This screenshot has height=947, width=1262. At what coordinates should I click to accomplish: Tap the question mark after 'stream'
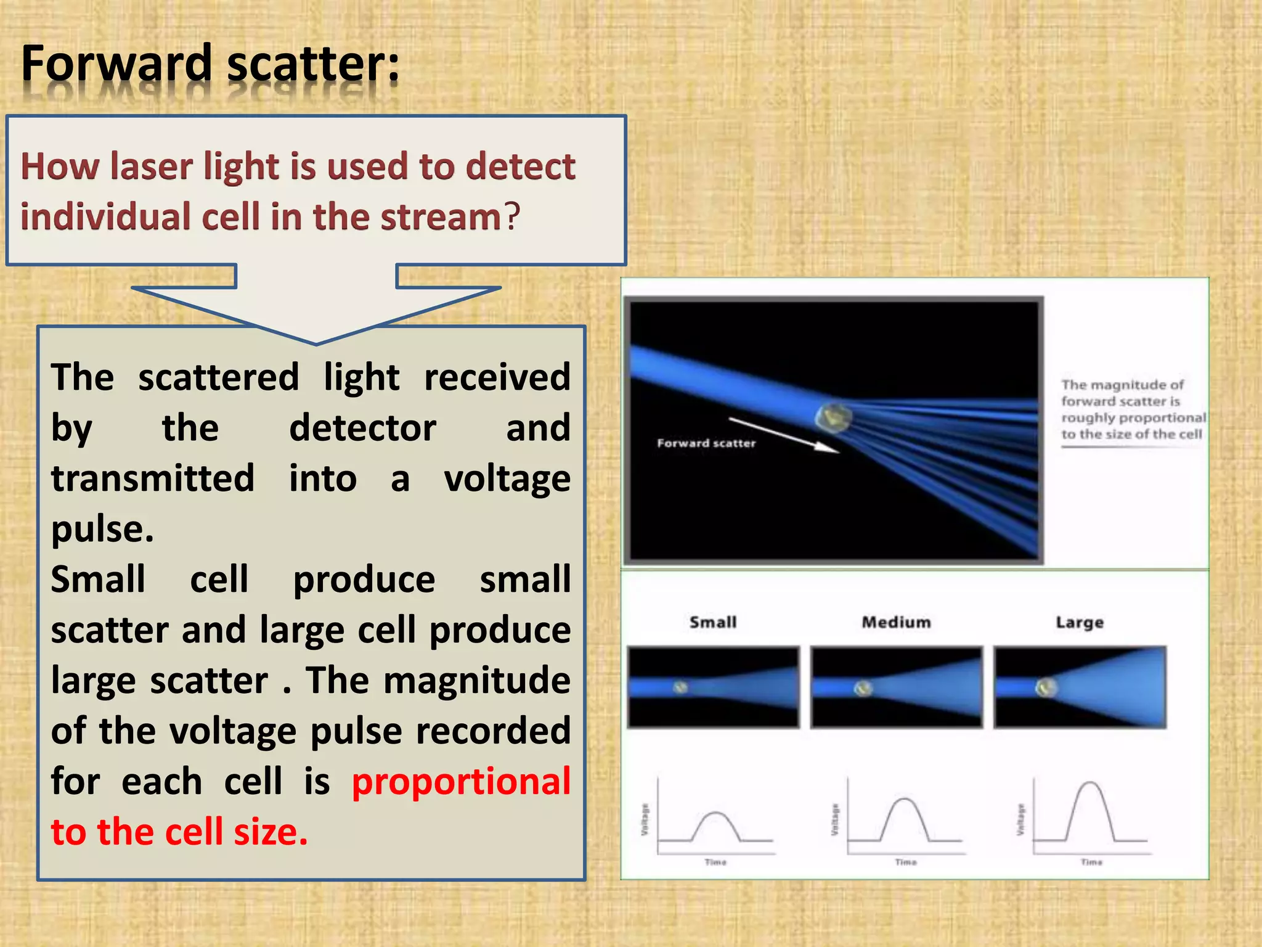(x=513, y=217)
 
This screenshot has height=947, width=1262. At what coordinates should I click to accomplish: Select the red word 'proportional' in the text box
(x=461, y=781)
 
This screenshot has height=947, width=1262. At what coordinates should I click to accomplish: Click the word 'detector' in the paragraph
(x=362, y=428)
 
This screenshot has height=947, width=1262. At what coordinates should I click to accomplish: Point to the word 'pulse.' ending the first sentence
(x=102, y=529)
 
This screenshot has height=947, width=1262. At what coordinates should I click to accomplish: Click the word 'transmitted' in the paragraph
(x=153, y=478)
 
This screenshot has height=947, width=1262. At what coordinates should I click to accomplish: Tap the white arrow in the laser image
(x=783, y=435)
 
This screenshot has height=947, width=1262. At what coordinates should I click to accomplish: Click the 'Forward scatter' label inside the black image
(x=706, y=443)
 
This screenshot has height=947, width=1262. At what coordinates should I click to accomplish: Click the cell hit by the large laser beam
(x=834, y=417)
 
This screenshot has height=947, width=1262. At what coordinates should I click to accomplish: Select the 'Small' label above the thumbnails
(x=713, y=622)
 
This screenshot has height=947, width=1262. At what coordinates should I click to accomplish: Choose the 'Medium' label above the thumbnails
(x=896, y=622)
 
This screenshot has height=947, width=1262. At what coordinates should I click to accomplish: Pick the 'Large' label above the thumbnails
(x=1080, y=622)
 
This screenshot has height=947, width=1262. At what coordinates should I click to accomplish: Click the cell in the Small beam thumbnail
(x=680, y=687)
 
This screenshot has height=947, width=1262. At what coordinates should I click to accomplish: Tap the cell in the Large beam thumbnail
(x=1046, y=687)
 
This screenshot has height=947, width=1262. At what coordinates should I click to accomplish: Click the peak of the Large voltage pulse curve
(x=1091, y=783)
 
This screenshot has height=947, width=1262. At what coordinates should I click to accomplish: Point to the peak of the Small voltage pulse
(x=715, y=813)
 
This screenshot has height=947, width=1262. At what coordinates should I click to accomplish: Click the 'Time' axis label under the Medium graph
(x=906, y=862)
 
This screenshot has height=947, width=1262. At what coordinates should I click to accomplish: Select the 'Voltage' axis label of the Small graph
(x=645, y=819)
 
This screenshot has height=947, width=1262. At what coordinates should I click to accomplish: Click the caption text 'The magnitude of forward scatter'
(x=1123, y=393)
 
